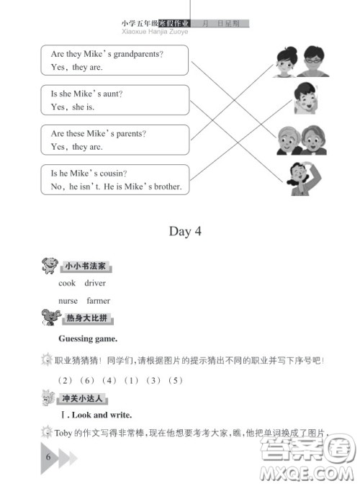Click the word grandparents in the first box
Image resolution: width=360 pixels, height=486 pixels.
(139, 55)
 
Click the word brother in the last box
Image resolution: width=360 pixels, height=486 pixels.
(167, 187)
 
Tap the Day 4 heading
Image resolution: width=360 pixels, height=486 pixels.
(180, 231)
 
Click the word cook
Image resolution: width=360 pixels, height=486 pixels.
(67, 283)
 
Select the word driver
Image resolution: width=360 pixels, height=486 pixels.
(95, 283)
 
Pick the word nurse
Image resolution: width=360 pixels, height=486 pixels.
(68, 301)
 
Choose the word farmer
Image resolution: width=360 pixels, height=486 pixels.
(98, 301)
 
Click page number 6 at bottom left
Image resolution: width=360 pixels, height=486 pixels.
(48, 458)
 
